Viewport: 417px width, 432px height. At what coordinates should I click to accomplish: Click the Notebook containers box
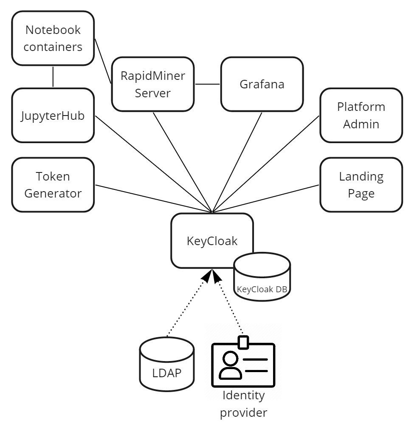pos(53,38)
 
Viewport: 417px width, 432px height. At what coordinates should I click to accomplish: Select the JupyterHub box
pos(53,116)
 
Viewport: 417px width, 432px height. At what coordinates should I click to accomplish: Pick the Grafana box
pos(262,84)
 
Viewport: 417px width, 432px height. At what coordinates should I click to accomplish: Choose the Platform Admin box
pos(361,115)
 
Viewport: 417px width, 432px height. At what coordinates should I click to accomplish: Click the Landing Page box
pos(361,185)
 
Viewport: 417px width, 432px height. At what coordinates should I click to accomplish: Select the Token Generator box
pos(53,185)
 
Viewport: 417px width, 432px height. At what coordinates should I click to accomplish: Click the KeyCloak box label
pos(212,241)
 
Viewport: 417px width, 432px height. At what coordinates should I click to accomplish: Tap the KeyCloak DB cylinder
pos(262,280)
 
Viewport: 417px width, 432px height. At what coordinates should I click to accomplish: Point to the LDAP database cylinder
pos(167,365)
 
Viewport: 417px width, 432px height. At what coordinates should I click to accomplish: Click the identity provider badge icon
pos(243,363)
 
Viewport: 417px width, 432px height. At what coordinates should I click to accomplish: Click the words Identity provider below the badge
pos(243,404)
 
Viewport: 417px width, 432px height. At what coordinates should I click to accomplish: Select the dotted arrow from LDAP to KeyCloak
pos(187,306)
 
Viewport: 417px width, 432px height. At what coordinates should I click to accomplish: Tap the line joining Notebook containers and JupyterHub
pos(53,76)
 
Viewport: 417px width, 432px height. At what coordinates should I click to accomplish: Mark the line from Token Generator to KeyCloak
pos(153,198)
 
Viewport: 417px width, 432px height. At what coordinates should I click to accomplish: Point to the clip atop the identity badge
pos(243,342)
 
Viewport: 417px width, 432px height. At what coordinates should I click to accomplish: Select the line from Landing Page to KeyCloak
pos(265,198)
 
